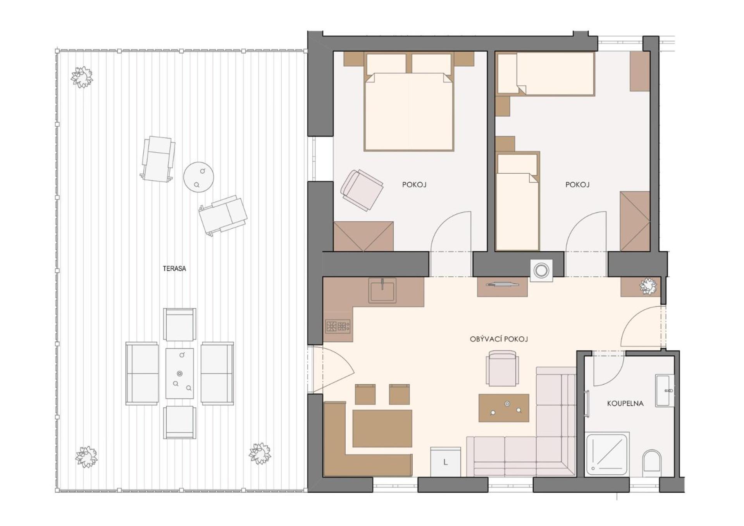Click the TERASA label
(x=174, y=268)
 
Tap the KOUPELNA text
(x=625, y=403)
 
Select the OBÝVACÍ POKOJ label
(x=499, y=339)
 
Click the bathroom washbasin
(x=664, y=390)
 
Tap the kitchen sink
(x=382, y=290)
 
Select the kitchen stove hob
(x=338, y=326)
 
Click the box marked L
(x=446, y=462)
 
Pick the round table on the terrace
(x=198, y=177)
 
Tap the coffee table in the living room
(x=504, y=408)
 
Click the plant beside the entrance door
(x=648, y=286)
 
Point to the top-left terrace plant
(x=82, y=77)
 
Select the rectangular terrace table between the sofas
(x=179, y=373)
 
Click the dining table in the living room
(x=382, y=428)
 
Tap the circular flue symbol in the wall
(x=541, y=270)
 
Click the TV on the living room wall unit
(x=502, y=285)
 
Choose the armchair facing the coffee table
(x=502, y=368)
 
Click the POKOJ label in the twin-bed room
(x=577, y=185)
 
